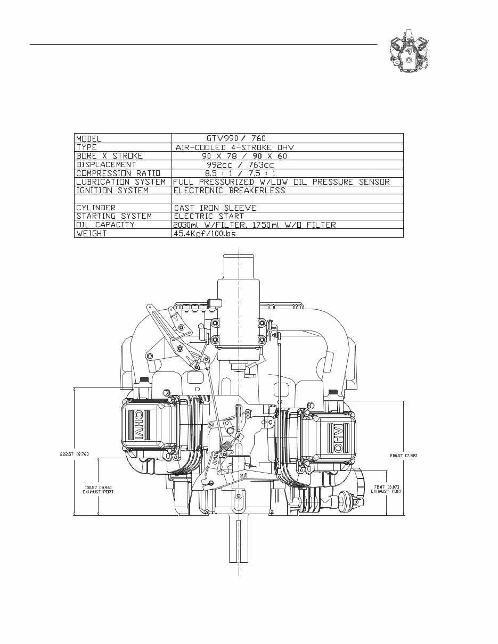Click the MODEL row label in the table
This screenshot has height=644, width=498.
89,138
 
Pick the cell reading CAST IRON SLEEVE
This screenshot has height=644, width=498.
215,208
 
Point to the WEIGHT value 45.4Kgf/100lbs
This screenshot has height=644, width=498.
205,234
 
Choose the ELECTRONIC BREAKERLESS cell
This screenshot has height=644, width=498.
229,190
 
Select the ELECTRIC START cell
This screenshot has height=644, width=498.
208,216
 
